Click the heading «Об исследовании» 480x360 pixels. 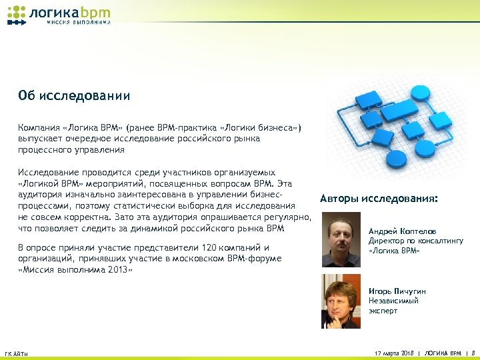coord(74,95)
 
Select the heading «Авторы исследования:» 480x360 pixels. coord(379,199)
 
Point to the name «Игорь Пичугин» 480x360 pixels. coord(397,291)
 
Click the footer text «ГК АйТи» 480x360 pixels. coord(16,353)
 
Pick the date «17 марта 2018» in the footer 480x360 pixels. coord(394,352)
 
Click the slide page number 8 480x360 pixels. coord(473,352)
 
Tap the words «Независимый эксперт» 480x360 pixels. coord(393,305)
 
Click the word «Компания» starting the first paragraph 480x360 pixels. coord(39,127)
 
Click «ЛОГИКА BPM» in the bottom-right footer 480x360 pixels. coord(442,352)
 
